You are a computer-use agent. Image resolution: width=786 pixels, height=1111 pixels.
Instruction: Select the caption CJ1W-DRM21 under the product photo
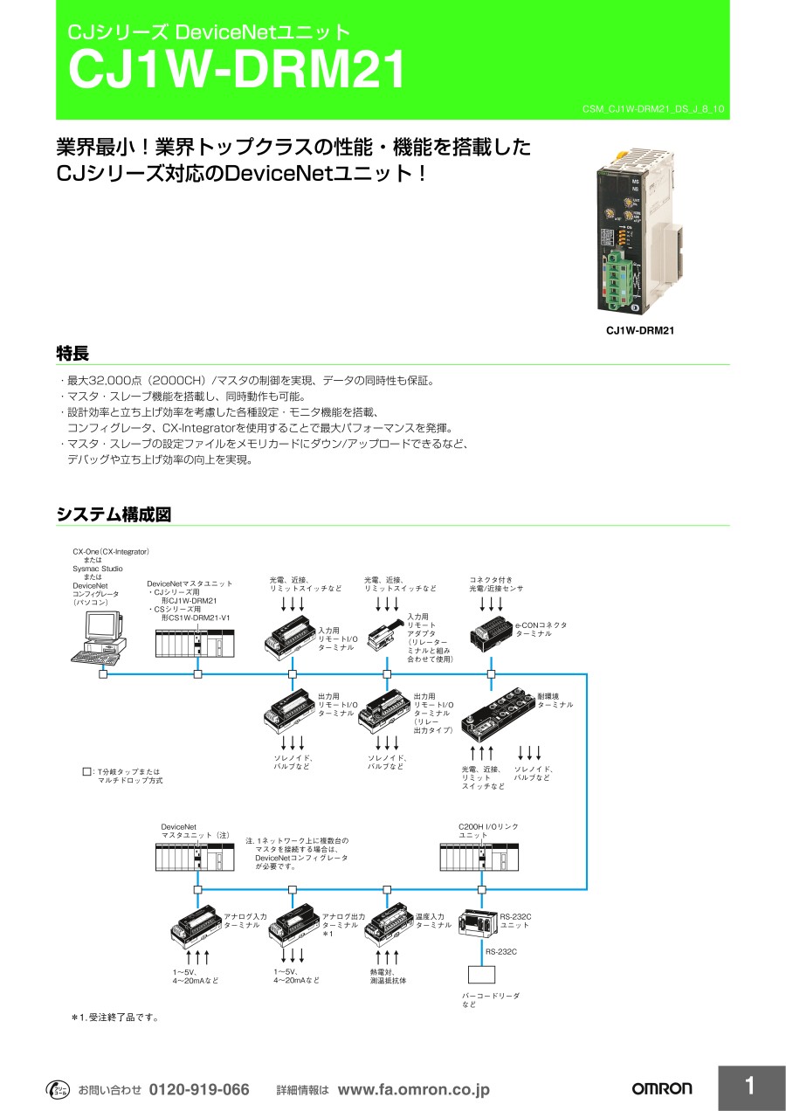(x=640, y=331)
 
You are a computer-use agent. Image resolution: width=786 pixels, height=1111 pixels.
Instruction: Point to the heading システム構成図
(x=114, y=514)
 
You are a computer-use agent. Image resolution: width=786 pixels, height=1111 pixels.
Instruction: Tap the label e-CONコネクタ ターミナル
(x=541, y=629)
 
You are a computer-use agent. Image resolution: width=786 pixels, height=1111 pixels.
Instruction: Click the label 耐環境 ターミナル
(x=555, y=700)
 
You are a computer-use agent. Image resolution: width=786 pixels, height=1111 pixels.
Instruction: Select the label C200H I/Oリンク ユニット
(x=489, y=831)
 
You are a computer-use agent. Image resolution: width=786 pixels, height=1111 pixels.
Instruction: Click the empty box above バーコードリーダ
(x=481, y=974)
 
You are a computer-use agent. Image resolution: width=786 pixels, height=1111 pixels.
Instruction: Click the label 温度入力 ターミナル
(x=433, y=921)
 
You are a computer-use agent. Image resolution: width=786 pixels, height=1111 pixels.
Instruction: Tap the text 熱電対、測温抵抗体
(x=388, y=976)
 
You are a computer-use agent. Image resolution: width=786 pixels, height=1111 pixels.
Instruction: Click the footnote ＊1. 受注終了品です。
(x=114, y=1018)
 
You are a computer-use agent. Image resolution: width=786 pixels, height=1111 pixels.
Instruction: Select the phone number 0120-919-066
(x=199, y=1089)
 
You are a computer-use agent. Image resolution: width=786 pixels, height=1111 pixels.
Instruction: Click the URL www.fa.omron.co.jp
(x=413, y=1089)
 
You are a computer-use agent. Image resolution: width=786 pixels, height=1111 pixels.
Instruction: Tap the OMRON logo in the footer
(x=661, y=1088)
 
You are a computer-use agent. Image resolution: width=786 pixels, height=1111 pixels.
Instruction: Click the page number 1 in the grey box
(x=750, y=1087)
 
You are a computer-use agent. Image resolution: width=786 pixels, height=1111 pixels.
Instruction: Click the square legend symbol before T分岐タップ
(x=86, y=772)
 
